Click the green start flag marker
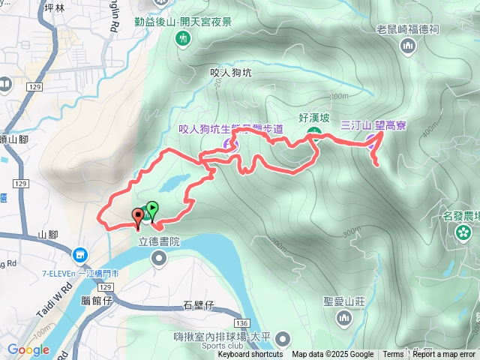(x=152, y=208)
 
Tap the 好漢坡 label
(x=314, y=118)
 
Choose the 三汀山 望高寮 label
(x=373, y=126)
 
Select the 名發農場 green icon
(x=463, y=232)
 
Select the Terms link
(x=393, y=355)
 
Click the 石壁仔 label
(x=199, y=305)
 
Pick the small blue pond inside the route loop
(x=173, y=182)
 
